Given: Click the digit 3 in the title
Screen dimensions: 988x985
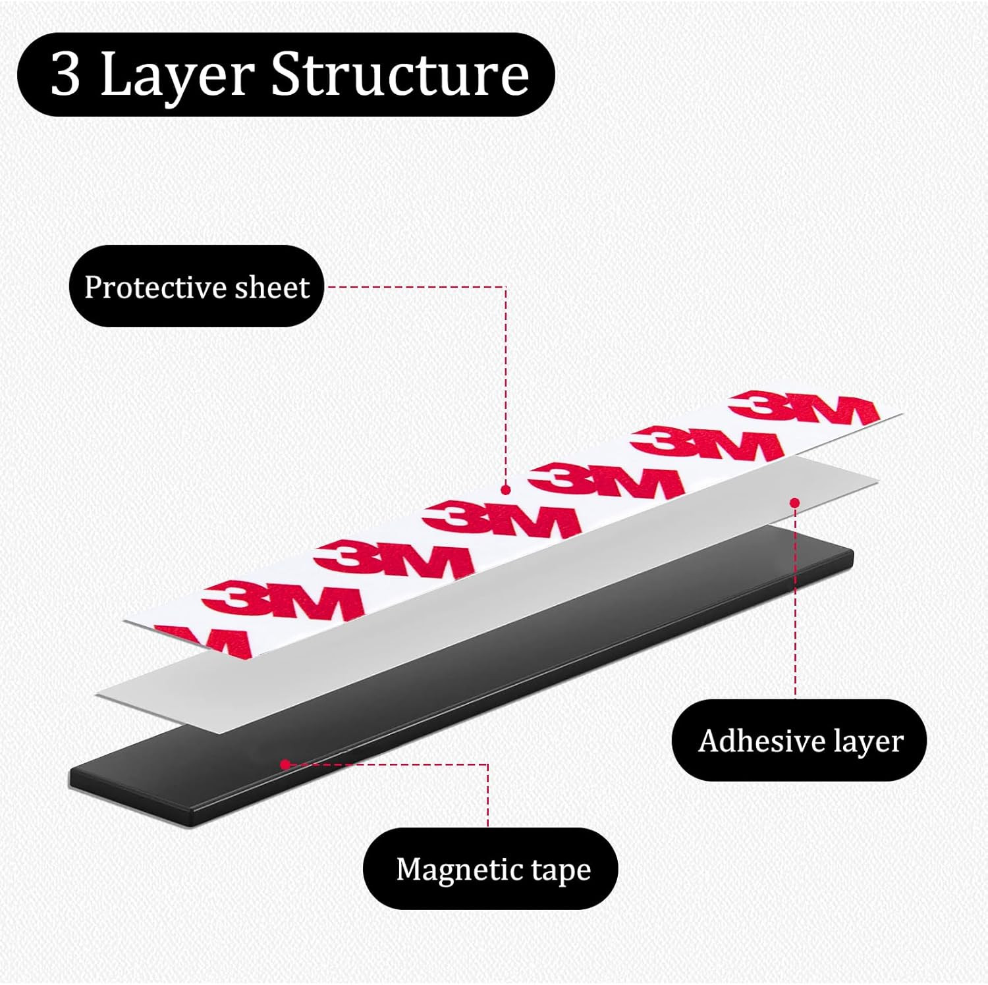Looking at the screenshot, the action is [x=65, y=75].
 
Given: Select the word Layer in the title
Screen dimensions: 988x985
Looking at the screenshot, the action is [x=177, y=75].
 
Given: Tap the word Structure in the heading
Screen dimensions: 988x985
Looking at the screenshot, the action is [x=400, y=74].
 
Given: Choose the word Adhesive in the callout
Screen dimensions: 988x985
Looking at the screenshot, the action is [x=759, y=741].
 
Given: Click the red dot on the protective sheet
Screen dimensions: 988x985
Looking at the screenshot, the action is [x=506, y=490].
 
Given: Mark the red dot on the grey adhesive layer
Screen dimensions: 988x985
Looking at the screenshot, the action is [x=795, y=503].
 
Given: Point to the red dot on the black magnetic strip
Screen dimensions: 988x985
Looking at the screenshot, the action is [x=285, y=764].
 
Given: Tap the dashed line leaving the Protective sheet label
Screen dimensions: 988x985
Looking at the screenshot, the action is [x=415, y=287].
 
